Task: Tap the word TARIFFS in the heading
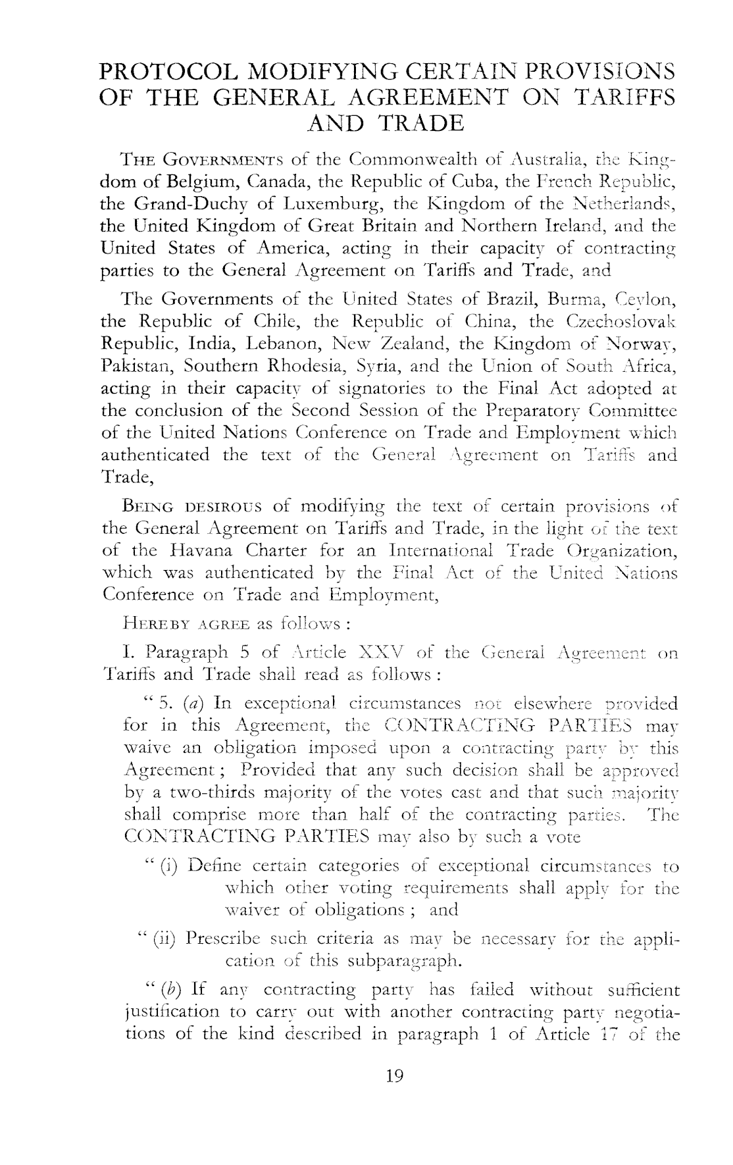tap(624, 97)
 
